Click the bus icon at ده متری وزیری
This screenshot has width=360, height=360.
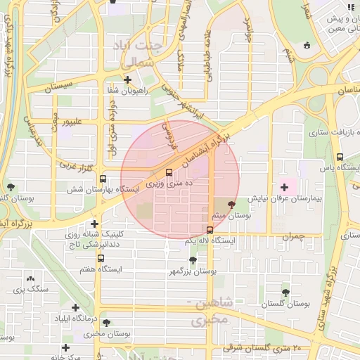168,172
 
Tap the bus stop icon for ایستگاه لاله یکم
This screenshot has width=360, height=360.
210,230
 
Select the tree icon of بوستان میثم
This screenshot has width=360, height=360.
232,203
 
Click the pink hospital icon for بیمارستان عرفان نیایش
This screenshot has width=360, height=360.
285,187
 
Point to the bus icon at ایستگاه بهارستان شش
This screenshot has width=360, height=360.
103,179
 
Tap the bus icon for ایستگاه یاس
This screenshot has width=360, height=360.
340,157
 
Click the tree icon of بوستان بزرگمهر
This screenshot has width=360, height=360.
193,259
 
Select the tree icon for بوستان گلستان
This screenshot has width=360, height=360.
285,292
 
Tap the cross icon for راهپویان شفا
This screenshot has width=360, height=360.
127,79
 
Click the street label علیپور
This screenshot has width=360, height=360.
73,121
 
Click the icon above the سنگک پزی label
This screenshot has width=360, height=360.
30,278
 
